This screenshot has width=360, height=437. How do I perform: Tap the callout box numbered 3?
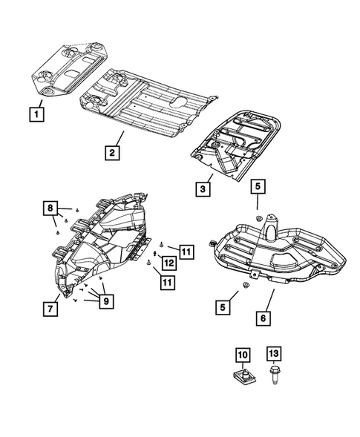click(x=203, y=189)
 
